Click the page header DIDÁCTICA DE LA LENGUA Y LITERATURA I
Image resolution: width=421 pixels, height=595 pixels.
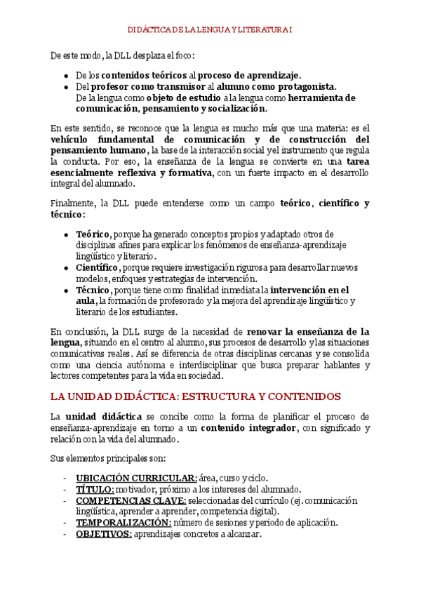pos(210,29)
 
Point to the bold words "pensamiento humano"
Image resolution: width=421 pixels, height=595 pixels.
pos(98,150)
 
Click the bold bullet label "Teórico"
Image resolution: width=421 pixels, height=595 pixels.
pos(93,234)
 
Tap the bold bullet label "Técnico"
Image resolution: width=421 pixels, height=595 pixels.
pos(93,290)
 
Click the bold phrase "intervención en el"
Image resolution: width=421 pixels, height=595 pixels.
pos(309,290)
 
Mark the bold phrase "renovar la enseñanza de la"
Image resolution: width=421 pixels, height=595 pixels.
pos(308,331)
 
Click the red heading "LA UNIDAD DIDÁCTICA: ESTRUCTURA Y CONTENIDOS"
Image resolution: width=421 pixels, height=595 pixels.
pos(196,396)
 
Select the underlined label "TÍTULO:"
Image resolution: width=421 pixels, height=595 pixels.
pos(95,489)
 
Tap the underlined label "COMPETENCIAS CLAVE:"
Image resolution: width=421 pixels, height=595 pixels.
pos(131,500)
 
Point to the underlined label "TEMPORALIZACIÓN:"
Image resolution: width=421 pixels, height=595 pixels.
pos(123,523)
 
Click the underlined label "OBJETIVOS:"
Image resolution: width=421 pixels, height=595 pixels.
pos(103,534)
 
